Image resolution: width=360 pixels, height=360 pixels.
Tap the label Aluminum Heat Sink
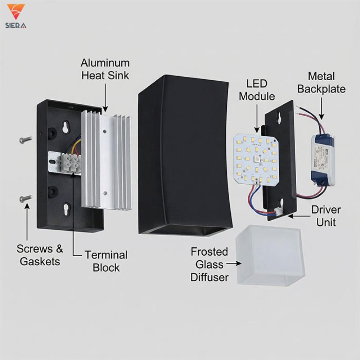click(x=105, y=69)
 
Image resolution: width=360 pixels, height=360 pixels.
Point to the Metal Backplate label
click(x=321, y=82)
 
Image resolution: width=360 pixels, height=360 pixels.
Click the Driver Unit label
click(x=326, y=216)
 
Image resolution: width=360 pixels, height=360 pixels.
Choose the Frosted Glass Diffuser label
click(x=210, y=264)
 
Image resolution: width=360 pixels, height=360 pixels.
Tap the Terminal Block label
click(x=106, y=261)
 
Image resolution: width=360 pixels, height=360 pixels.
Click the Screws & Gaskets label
click(x=40, y=255)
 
